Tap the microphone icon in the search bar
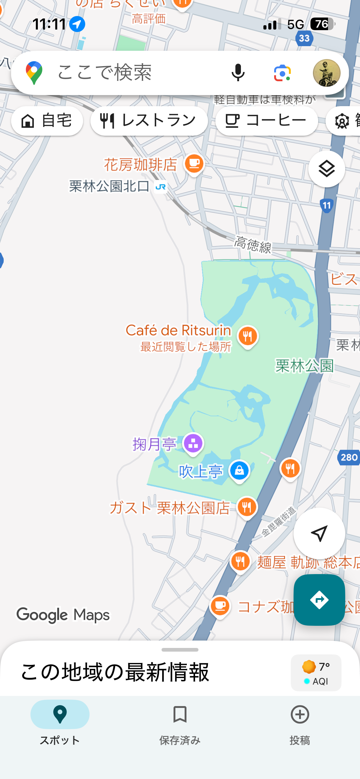pyautogui.click(x=238, y=73)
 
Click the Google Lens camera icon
pyautogui.click(x=282, y=73)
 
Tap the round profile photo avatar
pyautogui.click(x=326, y=73)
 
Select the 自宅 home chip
pyautogui.click(x=47, y=121)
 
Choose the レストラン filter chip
pyautogui.click(x=149, y=121)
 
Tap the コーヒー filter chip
pyautogui.click(x=266, y=121)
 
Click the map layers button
pyautogui.click(x=326, y=169)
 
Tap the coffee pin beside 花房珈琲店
pyautogui.click(x=194, y=164)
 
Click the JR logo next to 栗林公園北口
pyautogui.click(x=161, y=187)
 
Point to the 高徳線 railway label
pyautogui.click(x=253, y=245)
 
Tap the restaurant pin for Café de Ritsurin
pyautogui.click(x=248, y=336)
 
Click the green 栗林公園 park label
pyautogui.click(x=304, y=366)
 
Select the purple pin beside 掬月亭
pyautogui.click(x=193, y=444)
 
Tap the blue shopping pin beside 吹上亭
pyautogui.click(x=239, y=471)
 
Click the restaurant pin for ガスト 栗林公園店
pyautogui.click(x=247, y=507)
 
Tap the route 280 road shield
pyautogui.click(x=349, y=457)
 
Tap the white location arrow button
pyautogui.click(x=319, y=533)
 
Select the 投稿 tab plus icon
pyautogui.click(x=300, y=714)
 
